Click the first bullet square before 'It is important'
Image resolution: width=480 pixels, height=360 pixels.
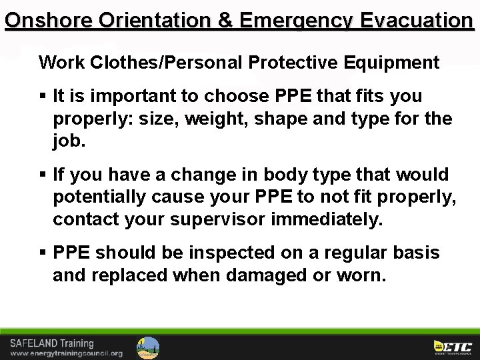[x=44, y=97]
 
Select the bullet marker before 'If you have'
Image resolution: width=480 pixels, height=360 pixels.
[x=44, y=175]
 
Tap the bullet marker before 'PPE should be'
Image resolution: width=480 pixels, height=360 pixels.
[x=44, y=253]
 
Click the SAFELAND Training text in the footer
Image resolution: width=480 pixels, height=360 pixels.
[x=51, y=343]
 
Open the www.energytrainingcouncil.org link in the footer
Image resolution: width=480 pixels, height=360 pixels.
[x=66, y=353]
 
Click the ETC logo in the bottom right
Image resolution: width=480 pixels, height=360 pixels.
[x=453, y=347]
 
